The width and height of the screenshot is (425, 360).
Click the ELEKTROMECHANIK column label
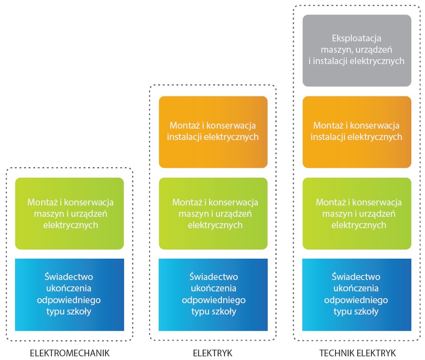point(70,353)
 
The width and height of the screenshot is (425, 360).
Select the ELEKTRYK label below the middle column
point(213,353)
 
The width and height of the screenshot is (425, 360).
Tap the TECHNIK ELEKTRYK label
point(357,353)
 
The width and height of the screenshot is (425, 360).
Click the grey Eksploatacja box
point(357,50)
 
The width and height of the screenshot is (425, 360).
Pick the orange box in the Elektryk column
point(213,132)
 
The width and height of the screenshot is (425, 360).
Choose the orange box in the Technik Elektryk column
point(357,132)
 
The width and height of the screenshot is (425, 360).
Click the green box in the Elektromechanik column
point(70,214)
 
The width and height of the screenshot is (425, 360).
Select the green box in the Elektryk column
point(213,214)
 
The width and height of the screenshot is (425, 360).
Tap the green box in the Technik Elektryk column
point(357,214)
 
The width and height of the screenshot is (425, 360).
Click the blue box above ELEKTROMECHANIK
point(70,295)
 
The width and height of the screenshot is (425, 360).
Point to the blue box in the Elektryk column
point(213,295)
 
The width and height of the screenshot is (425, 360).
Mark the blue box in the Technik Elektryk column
point(357,295)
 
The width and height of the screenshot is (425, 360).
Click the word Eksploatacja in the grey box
point(356,38)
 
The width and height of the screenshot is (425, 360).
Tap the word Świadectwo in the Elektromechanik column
point(70,277)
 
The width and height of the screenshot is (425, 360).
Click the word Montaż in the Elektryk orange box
point(182,126)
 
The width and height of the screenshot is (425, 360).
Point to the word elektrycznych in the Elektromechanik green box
point(70,225)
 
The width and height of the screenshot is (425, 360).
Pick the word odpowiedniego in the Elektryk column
point(214,300)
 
